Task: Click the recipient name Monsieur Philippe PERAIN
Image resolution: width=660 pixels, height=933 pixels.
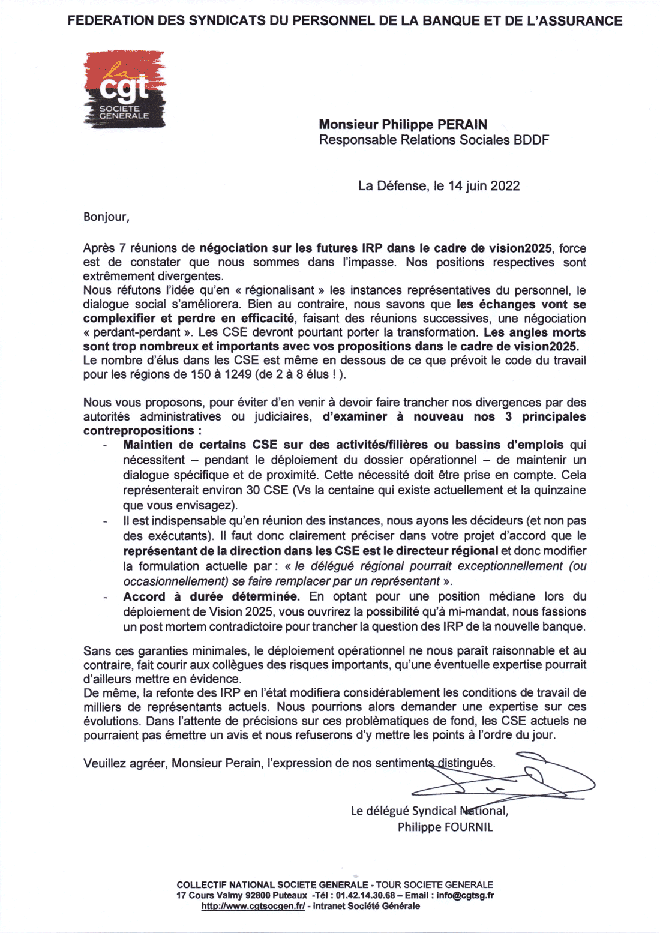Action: (x=403, y=125)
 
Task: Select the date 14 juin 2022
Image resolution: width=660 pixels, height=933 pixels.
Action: (x=484, y=186)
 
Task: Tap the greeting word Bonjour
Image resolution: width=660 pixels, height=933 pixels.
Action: (x=105, y=217)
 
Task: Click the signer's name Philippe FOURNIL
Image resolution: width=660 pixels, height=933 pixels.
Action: (x=445, y=827)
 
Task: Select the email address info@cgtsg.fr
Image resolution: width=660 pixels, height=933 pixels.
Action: (x=465, y=895)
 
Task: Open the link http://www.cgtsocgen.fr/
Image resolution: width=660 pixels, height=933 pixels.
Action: (x=253, y=906)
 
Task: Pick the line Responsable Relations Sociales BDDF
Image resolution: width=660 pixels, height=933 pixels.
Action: (x=434, y=140)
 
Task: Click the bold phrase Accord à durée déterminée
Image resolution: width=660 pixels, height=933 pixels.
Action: (x=211, y=597)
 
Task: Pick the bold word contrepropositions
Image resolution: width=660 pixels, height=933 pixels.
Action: (x=137, y=431)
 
